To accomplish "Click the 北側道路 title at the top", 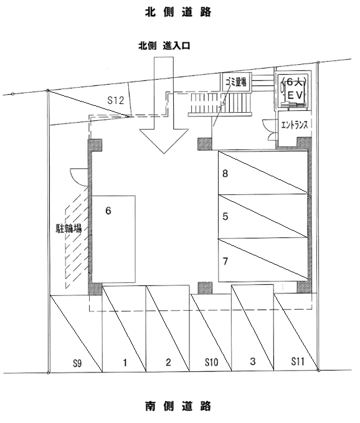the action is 178,12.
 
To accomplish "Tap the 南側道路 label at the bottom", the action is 178,406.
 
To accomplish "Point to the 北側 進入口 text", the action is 164,45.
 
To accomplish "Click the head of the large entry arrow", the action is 164,153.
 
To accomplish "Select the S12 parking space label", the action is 116,100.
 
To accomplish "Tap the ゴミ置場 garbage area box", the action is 236,82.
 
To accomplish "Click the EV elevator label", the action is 296,95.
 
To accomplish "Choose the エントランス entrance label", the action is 294,125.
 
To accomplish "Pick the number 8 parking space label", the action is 225,173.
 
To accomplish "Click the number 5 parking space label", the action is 225,216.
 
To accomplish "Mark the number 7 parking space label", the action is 225,261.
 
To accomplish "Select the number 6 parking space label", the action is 108,211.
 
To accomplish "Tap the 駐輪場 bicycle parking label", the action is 69,228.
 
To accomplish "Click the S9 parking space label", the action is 77,363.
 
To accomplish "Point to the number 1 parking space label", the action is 125,363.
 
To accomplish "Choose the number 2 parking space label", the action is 168,362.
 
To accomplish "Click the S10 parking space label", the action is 211,362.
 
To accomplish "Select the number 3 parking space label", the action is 253,361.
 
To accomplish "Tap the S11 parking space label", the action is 298,361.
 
